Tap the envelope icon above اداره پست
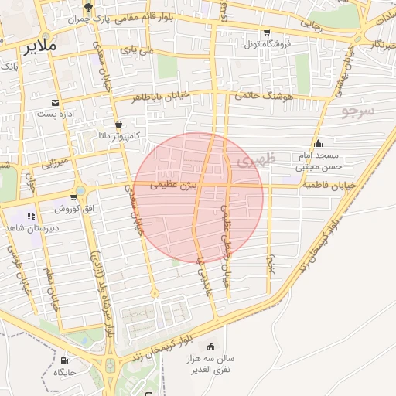(x=55, y=103)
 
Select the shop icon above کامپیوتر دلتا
(x=118, y=124)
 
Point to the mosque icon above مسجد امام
(x=319, y=143)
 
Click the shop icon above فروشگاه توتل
(x=267, y=32)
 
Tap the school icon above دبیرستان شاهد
(x=32, y=216)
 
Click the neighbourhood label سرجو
(x=358, y=110)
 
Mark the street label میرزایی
(x=54, y=163)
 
